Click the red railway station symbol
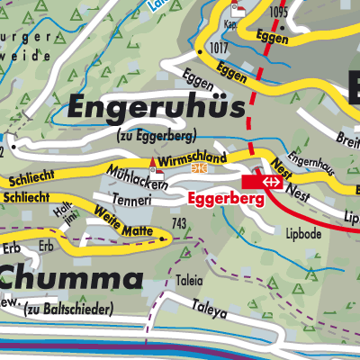click(x=270, y=181)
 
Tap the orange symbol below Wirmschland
click(x=210, y=168)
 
